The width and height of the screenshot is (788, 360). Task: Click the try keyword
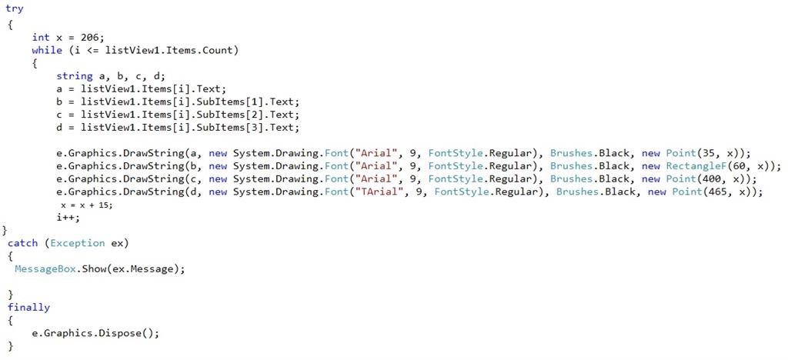click(15, 9)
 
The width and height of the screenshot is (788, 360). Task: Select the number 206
click(90, 37)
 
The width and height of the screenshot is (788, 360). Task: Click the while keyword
click(47, 50)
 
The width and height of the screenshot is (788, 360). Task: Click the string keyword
click(74, 75)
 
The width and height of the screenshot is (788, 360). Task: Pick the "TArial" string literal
click(376, 192)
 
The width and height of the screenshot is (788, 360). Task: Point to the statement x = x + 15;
click(90, 205)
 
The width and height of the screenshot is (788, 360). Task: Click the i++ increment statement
click(68, 218)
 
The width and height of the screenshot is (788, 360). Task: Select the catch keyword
click(22, 243)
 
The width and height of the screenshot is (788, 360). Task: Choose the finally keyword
click(28, 308)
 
